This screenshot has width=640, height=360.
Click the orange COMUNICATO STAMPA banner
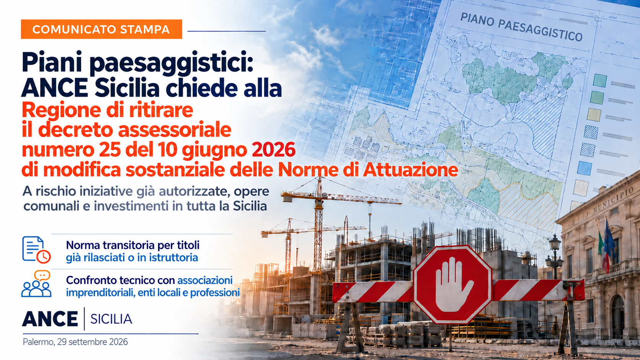point(101,29)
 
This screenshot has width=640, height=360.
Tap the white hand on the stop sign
point(453,285)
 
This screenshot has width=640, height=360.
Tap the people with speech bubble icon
point(37,284)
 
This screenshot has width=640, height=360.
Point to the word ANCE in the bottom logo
point(50,319)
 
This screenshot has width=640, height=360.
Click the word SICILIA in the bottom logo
point(111,319)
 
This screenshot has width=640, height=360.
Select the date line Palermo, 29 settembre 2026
point(75,342)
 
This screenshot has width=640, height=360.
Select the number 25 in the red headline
point(109,150)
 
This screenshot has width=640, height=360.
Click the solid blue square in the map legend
point(584,168)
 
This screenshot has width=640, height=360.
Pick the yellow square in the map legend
point(594,115)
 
